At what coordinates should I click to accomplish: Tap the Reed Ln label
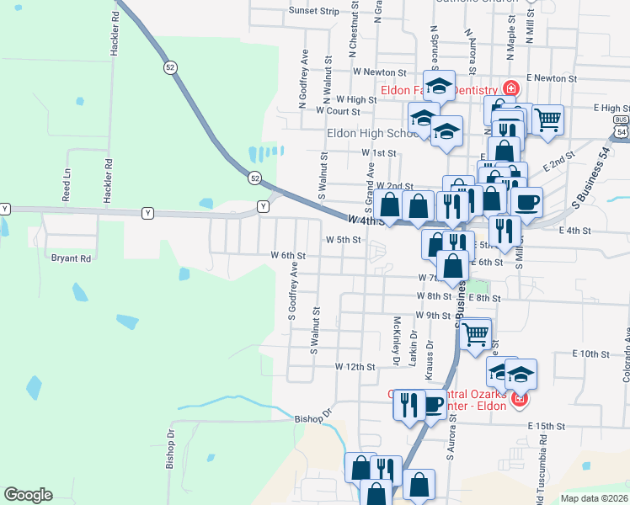(67, 188)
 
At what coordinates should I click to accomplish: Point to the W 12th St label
(354, 367)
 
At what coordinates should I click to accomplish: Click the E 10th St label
(590, 353)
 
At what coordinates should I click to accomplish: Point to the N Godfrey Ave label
(302, 78)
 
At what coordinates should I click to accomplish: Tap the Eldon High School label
(371, 133)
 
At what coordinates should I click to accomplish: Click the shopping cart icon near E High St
(547, 120)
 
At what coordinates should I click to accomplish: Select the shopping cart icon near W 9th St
(476, 333)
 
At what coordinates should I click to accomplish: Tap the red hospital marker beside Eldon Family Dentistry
(510, 88)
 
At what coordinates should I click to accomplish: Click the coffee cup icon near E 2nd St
(526, 202)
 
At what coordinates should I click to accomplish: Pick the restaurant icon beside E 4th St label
(505, 230)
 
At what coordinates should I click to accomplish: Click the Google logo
(28, 495)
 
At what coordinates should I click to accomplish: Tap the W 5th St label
(343, 239)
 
